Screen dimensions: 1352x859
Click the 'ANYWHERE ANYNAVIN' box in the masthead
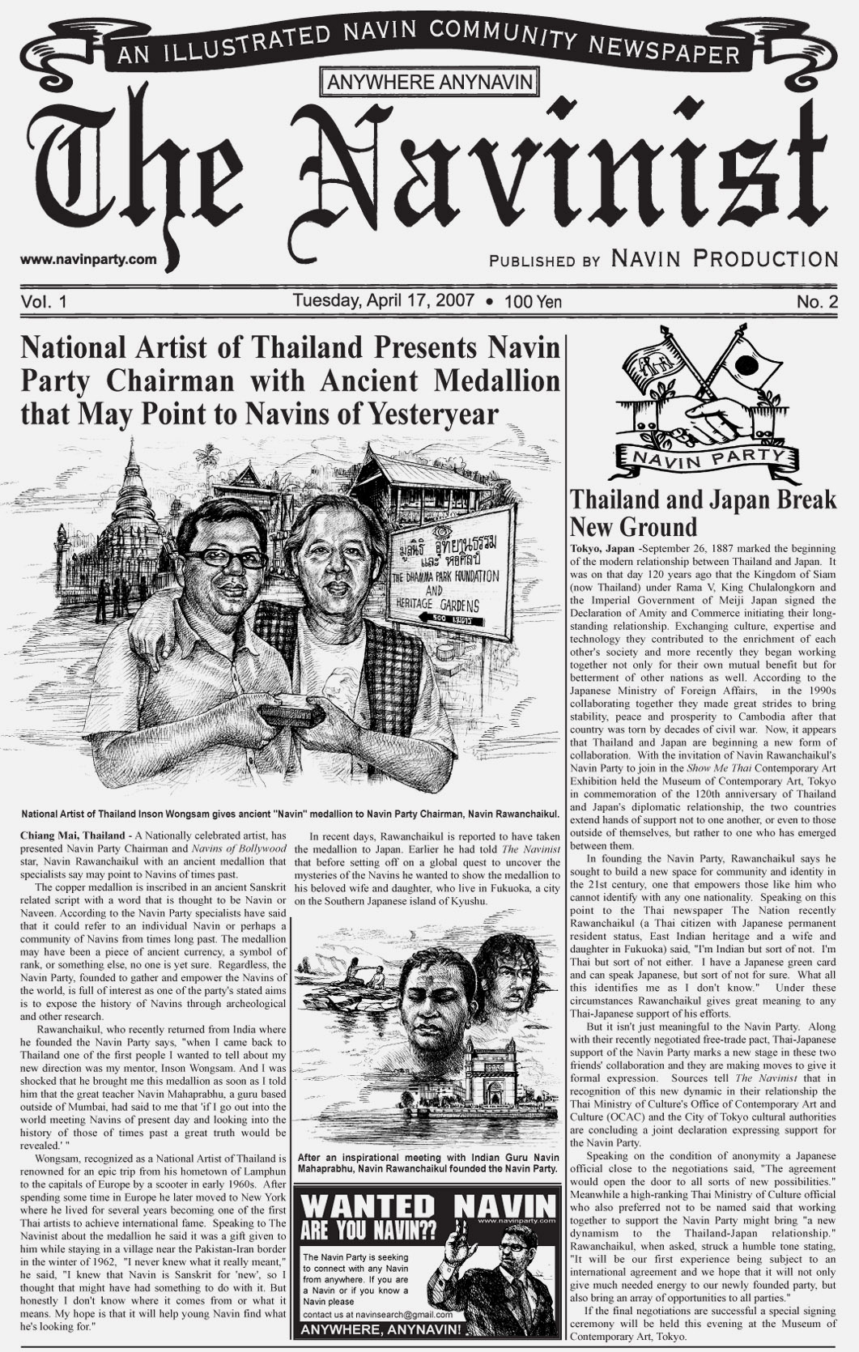430,81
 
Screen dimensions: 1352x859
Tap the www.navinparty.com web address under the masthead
88,260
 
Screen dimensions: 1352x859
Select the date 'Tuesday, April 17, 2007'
384,300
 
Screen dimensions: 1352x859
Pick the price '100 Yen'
532,302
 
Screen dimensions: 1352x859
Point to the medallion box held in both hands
290,713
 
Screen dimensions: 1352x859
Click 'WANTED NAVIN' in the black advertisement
428,1204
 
